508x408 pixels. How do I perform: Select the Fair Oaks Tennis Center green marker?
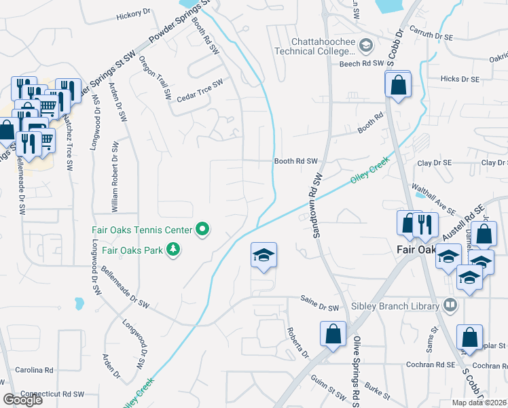coord(202,230)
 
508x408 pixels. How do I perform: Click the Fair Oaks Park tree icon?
coord(174,250)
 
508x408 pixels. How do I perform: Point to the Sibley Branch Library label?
coord(395,306)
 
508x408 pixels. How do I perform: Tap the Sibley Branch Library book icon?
coord(449,305)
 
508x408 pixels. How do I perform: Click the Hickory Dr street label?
coord(133,14)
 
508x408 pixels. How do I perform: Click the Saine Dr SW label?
coord(319,308)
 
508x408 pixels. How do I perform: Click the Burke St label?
coord(376,390)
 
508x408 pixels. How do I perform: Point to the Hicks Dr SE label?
coord(460,79)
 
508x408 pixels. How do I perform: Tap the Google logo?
coord(22,399)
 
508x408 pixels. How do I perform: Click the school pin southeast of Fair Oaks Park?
coord(264,255)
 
